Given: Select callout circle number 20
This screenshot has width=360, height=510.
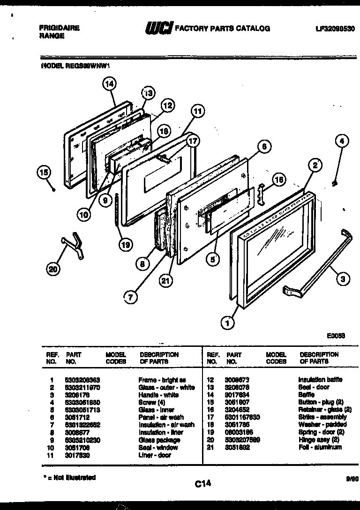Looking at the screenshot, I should coord(54,269).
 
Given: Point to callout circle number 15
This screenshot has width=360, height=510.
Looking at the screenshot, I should coord(44,173).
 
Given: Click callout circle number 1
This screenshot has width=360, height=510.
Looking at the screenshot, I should coord(228,322).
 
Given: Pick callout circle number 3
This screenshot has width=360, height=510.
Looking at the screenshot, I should coord(343,279).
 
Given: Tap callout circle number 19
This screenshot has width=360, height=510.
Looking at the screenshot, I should coord(125,244).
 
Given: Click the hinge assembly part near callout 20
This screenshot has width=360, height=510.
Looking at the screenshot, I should coord(74,245).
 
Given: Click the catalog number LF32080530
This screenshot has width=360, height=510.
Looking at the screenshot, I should coord(335,29).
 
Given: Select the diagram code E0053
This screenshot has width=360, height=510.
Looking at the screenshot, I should coord(336,336).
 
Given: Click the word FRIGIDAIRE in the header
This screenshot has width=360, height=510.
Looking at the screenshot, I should coord(59,28).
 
